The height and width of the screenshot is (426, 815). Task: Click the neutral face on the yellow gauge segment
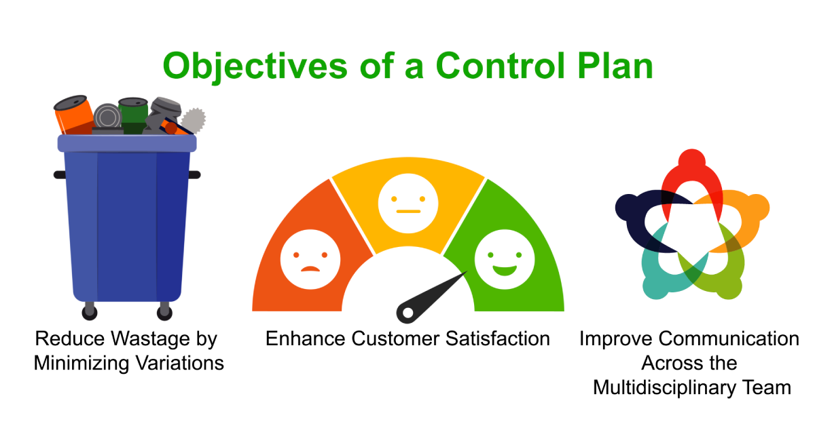pos(409,201)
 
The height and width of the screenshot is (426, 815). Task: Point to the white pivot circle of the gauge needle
pos(407,313)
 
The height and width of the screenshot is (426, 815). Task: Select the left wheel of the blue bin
pos(89,311)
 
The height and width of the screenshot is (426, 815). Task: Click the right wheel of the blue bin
pos(164,311)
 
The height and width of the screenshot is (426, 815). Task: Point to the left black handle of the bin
pos(59,174)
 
